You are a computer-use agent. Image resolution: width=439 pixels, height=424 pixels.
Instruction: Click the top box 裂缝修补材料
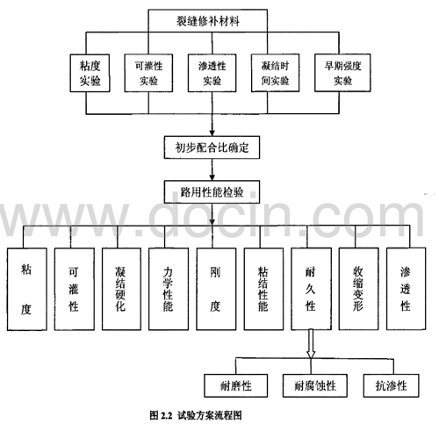pos(208,20)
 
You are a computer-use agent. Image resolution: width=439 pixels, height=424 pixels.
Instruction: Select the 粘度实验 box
pos(90,73)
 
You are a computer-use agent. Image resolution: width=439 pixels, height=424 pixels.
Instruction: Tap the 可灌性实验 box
pos(148,73)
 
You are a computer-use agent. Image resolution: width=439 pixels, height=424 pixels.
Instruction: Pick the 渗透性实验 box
pos(212,73)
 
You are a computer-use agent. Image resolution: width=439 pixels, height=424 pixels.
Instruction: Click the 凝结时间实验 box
pos(275,73)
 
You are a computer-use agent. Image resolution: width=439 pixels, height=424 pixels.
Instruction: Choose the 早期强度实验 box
pos(342,73)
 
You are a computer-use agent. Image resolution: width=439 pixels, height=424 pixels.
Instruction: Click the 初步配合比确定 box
pos(212,147)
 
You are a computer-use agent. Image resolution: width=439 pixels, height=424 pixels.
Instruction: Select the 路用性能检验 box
pos(212,192)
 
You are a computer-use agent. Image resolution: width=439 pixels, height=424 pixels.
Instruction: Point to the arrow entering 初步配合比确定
pos(212,125)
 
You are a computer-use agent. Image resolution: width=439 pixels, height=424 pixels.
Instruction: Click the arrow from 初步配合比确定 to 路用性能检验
pos(212,169)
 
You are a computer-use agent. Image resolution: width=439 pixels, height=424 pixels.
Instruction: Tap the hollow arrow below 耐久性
pos(311,344)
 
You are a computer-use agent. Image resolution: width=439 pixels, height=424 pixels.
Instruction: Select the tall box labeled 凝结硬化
pos(121,289)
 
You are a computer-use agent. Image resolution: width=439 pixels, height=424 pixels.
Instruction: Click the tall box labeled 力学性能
pos(169,289)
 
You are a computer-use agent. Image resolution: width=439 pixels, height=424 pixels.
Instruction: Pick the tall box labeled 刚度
pos(216,289)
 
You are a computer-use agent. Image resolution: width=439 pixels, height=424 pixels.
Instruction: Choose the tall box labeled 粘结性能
pos(263,289)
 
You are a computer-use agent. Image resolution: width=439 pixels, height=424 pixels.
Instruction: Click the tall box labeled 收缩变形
pos(358,289)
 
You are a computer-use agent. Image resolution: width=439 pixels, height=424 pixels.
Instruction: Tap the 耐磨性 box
pos(235,385)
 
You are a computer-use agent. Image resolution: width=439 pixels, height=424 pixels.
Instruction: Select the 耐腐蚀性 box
pos(315,385)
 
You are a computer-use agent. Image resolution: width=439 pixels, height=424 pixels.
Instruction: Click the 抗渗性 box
pos(391,385)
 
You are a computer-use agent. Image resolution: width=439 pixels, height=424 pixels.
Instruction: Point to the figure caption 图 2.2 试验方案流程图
pos(196,415)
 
